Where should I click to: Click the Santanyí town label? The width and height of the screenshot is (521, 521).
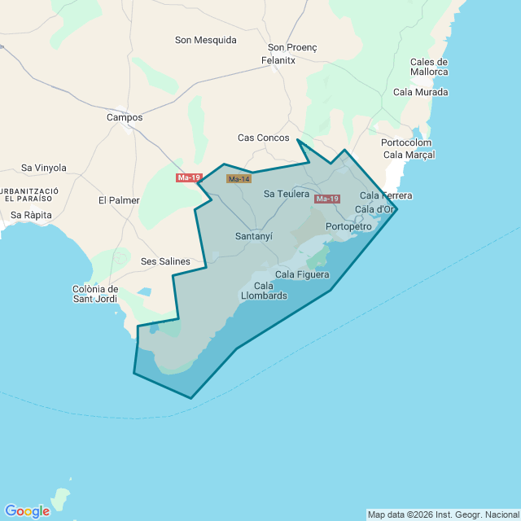point(253,236)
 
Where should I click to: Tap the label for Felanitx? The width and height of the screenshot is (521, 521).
point(278,60)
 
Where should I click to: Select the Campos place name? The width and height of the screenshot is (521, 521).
point(125,117)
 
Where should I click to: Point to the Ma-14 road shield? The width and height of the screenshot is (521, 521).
point(239,179)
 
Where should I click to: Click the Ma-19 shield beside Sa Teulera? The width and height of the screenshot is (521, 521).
point(326,199)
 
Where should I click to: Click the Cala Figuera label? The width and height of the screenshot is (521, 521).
point(302,274)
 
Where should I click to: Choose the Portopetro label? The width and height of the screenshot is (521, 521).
point(348,226)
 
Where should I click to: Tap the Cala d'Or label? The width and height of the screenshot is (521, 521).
point(375,209)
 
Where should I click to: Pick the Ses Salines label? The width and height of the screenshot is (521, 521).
point(165,261)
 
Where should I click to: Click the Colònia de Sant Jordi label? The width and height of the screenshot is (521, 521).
point(95,294)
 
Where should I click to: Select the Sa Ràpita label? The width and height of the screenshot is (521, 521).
point(32,215)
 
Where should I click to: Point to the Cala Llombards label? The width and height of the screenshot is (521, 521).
point(264,291)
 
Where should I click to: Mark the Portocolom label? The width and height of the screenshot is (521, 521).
point(405,142)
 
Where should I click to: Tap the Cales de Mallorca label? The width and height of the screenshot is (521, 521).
point(429,67)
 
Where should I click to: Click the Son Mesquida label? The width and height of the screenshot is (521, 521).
point(206,40)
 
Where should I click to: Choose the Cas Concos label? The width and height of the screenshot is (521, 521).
point(263,138)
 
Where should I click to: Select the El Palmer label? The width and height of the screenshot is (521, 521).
point(119,200)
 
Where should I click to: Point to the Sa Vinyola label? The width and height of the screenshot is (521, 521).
point(44,168)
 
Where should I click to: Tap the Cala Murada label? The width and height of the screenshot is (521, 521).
point(420,92)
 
